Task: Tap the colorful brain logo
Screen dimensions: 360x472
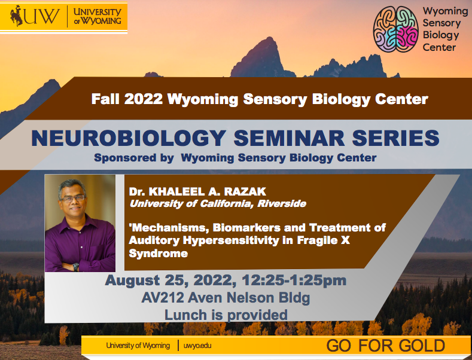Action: pyautogui.click(x=395, y=30)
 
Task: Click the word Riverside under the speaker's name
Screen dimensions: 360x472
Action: pyautogui.click(x=279, y=204)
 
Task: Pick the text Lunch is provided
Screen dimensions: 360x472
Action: pyautogui.click(x=226, y=315)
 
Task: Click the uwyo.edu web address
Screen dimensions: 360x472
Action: pyautogui.click(x=197, y=346)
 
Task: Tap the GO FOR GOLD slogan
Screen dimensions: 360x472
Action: pyautogui.click(x=385, y=346)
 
